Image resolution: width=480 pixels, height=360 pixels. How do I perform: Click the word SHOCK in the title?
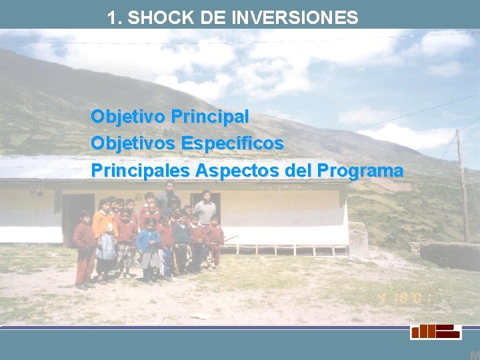(x=153, y=18)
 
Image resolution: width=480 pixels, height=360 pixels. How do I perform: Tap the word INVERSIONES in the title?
(x=295, y=18)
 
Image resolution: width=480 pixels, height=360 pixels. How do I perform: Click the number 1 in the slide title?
(x=113, y=18)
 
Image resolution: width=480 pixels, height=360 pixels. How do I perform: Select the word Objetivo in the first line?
(x=128, y=117)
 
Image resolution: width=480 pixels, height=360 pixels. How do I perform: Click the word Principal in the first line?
(x=209, y=117)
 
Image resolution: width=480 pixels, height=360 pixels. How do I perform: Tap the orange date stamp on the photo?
(x=405, y=298)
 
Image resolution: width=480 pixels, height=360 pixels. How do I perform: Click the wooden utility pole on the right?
(x=462, y=187)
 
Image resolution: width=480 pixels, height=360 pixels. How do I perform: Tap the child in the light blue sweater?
(x=149, y=243)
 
